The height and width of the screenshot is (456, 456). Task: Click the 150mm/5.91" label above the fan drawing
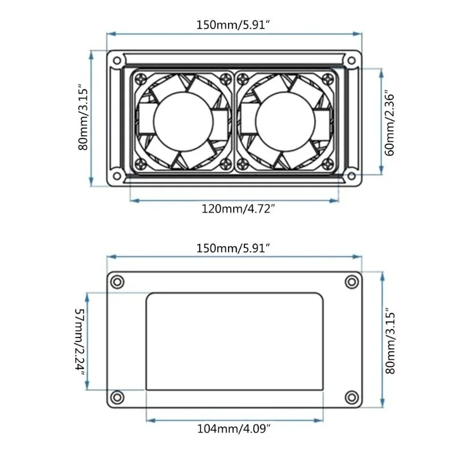click(234, 25)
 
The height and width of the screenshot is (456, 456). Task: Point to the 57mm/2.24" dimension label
click(79, 341)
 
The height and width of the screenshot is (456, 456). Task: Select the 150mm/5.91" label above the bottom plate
click(234, 248)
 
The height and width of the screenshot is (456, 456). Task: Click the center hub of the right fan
click(284, 121)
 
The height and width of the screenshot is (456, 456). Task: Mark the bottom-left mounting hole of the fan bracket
click(116, 174)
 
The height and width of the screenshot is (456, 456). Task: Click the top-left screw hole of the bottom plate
click(117, 282)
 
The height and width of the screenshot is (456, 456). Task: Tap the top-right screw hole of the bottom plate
click(351, 282)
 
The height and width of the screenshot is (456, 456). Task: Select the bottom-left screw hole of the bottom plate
click(117, 396)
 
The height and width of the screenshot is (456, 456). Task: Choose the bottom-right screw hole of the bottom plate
click(351, 396)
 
